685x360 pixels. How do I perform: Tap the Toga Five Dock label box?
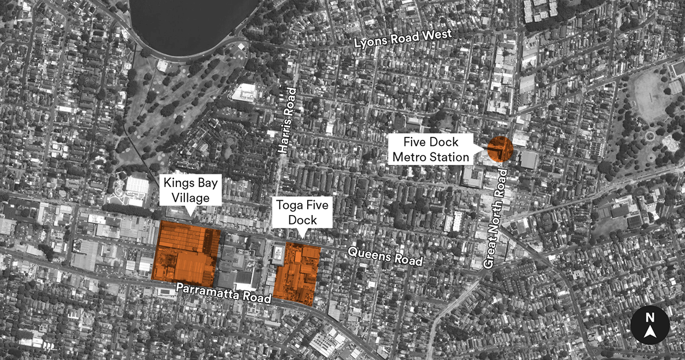point(296,212)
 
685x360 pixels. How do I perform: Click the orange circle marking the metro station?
point(500,149)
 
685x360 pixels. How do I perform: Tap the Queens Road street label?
point(385,256)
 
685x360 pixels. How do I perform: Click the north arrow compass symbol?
point(650,326)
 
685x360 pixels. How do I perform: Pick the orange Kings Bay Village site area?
point(186,252)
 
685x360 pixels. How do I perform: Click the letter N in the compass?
point(650,318)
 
